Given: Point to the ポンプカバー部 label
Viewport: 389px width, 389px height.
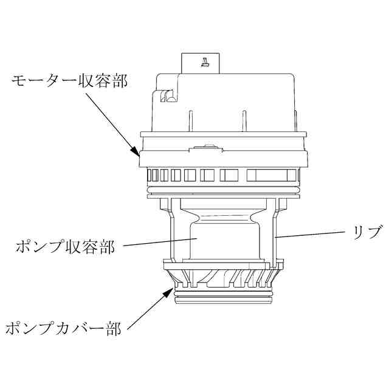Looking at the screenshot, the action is click(x=63, y=329).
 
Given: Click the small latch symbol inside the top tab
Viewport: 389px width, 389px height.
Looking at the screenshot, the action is click(x=205, y=60).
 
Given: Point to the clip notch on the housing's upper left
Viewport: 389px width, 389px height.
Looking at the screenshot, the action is click(x=166, y=96).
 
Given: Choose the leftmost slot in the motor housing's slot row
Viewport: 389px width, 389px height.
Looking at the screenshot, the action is click(x=152, y=176).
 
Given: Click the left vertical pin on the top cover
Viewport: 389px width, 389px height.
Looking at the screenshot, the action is click(x=191, y=120).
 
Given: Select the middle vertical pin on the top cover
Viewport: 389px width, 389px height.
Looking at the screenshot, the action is click(x=244, y=120).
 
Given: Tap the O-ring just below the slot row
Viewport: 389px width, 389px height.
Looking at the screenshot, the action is click(x=223, y=193).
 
